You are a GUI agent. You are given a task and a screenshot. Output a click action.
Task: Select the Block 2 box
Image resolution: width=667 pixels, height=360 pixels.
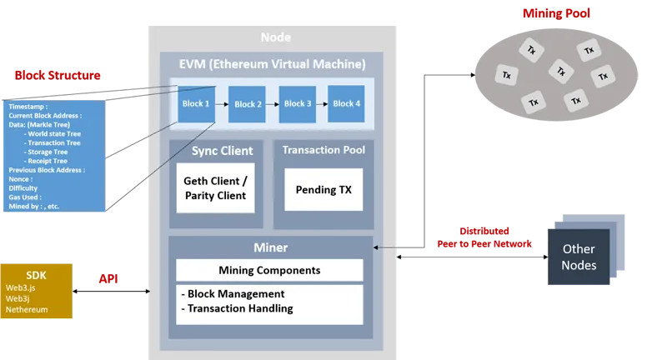[x=248, y=104]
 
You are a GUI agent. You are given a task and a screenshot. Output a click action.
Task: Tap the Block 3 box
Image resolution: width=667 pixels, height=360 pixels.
[x=297, y=104]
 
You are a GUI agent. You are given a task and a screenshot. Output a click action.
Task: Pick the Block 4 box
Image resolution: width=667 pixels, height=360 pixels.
[x=346, y=104]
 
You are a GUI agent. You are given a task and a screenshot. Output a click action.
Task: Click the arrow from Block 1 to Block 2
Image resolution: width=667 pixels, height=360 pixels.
[x=222, y=104]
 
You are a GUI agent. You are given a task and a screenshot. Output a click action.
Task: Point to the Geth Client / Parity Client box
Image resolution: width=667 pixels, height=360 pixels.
[x=215, y=188]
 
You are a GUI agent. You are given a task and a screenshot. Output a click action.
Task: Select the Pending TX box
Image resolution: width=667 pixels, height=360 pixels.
[x=323, y=189]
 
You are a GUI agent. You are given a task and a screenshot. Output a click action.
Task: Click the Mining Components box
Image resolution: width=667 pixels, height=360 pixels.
[x=269, y=270]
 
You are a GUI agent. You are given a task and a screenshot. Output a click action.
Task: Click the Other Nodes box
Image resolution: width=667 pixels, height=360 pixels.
[x=579, y=257]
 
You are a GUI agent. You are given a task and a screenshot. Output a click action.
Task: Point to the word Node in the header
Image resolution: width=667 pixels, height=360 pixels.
[x=275, y=37]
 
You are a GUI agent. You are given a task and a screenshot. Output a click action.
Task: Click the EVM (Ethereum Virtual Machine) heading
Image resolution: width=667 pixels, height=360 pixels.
[x=273, y=64]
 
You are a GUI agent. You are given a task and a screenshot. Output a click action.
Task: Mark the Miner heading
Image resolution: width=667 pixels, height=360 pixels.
[x=269, y=247]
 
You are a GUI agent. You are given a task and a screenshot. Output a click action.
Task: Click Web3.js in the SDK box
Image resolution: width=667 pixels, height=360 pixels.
[x=20, y=287]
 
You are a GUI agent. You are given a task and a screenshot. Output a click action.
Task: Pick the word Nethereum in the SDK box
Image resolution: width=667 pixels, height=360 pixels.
[x=27, y=309]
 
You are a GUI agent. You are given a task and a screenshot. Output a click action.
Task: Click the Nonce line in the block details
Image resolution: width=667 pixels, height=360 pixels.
[x=21, y=179]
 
